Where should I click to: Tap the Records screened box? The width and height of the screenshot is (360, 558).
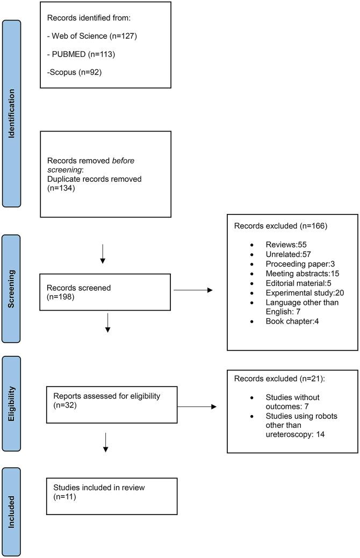click(106, 291)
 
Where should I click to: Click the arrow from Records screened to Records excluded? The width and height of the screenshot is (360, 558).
click(193, 291)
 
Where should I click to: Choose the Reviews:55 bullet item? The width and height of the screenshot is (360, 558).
click(278, 244)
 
